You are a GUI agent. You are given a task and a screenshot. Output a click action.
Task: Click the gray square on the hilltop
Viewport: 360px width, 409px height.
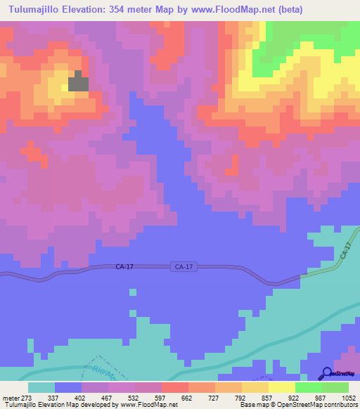[x=79, y=82]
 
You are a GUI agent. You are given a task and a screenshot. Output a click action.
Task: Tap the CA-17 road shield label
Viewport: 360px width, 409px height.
[x=183, y=267]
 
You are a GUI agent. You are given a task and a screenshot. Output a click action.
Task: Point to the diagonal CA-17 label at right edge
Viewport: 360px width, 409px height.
[x=345, y=249]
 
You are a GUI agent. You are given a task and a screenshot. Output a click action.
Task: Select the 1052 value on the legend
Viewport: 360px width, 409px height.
[x=347, y=397]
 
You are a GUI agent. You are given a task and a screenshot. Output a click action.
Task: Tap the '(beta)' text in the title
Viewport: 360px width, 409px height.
[x=340, y=8]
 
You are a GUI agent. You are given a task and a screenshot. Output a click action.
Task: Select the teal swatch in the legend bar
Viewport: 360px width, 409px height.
[x=41, y=387]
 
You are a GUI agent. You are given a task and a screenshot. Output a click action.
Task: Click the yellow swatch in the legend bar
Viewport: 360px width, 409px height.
[x=282, y=387]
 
